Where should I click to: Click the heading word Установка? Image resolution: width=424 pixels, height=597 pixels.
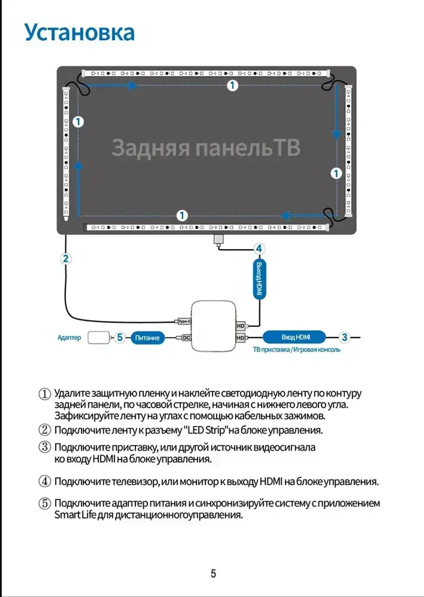pos(79,33)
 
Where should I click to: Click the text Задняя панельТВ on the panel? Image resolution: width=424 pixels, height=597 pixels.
pos(206,148)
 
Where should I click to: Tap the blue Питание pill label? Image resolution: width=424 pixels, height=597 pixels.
pos(147,338)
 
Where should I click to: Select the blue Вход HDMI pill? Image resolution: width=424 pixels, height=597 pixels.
pos(295,337)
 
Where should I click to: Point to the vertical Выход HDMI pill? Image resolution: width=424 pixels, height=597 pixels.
pos(259,279)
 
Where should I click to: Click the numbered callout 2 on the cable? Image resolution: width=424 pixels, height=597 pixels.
pos(65,259)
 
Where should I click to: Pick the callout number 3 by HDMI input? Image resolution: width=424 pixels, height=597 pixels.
pos(344,337)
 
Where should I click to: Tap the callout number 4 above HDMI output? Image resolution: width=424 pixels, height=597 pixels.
pos(259,249)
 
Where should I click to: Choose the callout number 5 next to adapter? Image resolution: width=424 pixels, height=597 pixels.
pos(120,337)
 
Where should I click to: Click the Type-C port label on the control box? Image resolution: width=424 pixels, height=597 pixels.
pos(184,321)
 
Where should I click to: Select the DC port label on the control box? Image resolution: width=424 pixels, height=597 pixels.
pos(186,338)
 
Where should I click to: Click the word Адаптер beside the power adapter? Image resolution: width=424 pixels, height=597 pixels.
pos(69,337)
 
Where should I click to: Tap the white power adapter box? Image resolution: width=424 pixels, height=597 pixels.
pos(98,337)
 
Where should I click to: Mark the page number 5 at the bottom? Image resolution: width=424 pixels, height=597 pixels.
pos(213,574)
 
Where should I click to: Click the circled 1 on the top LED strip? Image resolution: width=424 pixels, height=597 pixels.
pos(232,86)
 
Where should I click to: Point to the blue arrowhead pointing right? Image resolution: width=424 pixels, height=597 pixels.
pos(133,86)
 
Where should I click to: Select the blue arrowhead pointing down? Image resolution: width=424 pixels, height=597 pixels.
pos(336,135)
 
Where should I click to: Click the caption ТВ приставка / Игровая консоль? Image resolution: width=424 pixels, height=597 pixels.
pos(296,350)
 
